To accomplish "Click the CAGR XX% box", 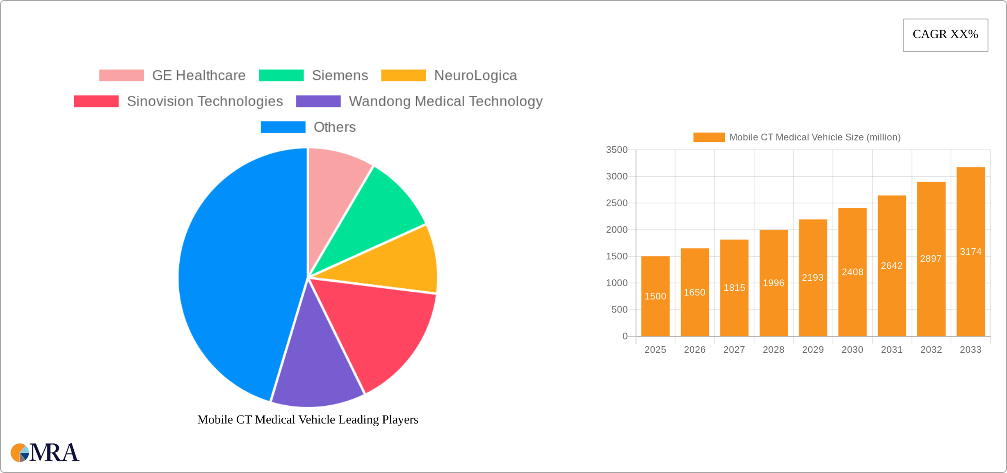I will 945,35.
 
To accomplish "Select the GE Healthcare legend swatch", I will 121,76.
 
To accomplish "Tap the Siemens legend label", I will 340,76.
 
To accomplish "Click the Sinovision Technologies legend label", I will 205,101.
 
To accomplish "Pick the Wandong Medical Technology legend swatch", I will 318,101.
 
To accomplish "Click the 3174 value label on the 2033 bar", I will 970,252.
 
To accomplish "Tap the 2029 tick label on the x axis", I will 813,350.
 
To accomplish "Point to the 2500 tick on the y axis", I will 617,203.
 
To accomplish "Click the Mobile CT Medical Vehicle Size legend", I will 797,137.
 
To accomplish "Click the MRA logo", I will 45,453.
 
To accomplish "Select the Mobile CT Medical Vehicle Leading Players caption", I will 308,420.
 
